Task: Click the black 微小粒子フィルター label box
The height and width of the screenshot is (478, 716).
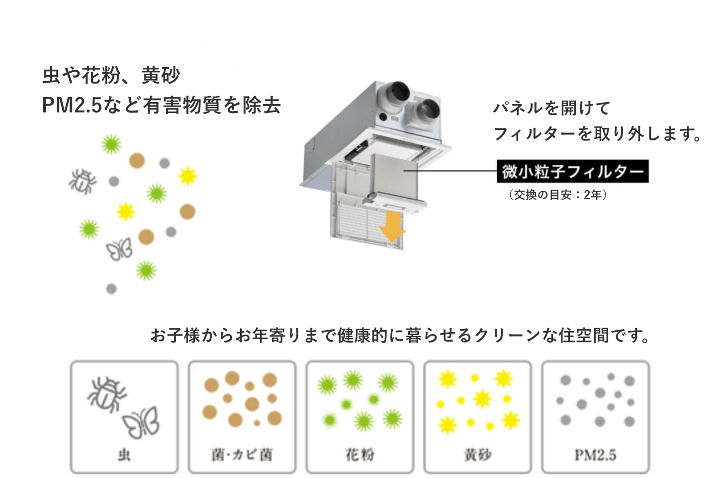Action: pos(572,171)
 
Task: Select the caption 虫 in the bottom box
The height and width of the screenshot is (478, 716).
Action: pos(124,455)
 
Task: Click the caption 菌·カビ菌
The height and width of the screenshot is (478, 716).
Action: pos(242,455)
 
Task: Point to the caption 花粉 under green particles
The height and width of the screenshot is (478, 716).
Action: pos(360,455)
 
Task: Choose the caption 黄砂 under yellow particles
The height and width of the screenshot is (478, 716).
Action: pos(478,455)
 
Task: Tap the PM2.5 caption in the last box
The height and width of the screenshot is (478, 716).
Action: pos(596,455)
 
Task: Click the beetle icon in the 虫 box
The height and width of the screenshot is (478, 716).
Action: pos(106,395)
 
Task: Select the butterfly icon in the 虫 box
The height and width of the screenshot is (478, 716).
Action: pos(141,423)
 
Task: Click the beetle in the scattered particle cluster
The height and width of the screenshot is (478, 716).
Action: pos(83,182)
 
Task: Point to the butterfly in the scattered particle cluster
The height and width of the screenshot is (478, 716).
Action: pos(119,249)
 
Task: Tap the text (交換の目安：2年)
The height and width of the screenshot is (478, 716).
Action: pos(558,195)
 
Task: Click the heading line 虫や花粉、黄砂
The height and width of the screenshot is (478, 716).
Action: pos(111,76)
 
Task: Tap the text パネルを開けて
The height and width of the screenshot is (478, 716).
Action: pos(552,108)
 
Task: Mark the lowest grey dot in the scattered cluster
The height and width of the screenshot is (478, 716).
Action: pos(111,289)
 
